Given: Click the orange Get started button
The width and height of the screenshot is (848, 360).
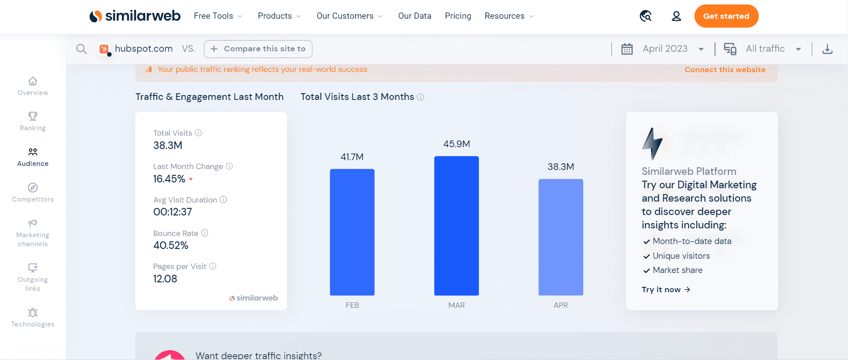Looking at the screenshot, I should tap(726, 16).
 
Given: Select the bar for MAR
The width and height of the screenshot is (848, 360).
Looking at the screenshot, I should tap(456, 225).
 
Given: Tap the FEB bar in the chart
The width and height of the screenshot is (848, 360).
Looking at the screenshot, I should tap(352, 232).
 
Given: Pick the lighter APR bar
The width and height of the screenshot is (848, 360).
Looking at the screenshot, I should tap(561, 237).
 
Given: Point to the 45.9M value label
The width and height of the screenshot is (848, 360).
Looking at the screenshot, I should tap(456, 144).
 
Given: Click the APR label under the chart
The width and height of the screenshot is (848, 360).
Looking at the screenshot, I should tap(561, 305).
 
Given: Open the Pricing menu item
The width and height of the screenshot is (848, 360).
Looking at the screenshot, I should tap(458, 16).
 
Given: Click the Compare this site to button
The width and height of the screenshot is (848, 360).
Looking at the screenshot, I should tap(258, 49).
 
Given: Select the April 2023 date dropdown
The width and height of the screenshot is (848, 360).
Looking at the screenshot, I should tap(665, 49).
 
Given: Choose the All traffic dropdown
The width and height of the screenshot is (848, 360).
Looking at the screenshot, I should tap(765, 49).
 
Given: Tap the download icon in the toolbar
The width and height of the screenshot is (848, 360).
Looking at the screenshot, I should tap(827, 49).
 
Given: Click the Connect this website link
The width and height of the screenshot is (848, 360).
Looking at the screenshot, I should tap(725, 70).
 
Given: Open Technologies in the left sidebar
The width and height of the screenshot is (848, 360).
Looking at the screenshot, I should tap(33, 318).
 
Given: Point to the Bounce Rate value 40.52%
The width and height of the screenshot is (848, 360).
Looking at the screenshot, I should tap(171, 245).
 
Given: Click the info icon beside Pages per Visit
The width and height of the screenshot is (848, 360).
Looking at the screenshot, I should tap(213, 266).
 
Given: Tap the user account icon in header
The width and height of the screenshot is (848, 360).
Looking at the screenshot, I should tap(676, 16).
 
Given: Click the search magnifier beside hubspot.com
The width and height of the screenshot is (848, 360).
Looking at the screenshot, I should tap(81, 49).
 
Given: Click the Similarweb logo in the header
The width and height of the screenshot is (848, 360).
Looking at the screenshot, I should tap(135, 16).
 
